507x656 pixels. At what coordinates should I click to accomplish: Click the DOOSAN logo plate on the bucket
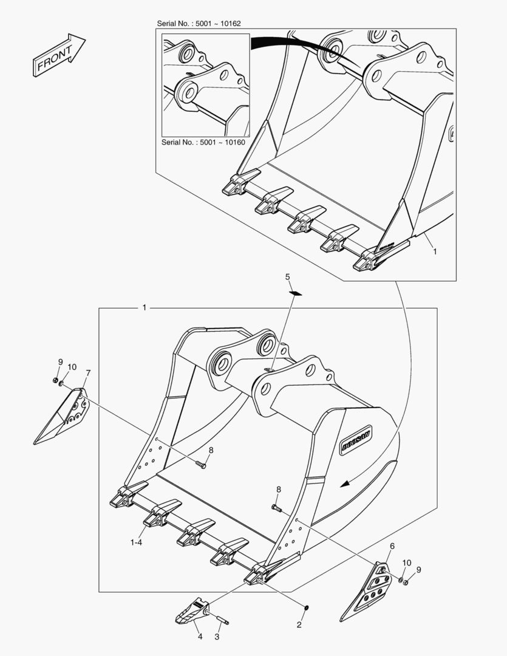tap(356, 440)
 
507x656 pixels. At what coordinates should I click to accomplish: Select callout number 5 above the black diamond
tap(287, 277)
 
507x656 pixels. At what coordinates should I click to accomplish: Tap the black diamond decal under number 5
tap(296, 293)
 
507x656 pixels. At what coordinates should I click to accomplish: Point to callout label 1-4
tap(137, 542)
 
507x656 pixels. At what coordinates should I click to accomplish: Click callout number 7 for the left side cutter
tap(88, 372)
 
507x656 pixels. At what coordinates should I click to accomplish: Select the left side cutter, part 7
tap(61, 416)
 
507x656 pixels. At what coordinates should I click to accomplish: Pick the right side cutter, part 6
tap(366, 591)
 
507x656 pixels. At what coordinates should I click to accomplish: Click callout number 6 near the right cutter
tap(392, 546)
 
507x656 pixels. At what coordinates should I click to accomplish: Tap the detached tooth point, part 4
tap(192, 610)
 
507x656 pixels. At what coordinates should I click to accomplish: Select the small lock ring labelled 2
tap(307, 607)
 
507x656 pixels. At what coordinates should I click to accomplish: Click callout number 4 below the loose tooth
tap(200, 637)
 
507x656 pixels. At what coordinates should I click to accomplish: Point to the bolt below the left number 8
tap(201, 464)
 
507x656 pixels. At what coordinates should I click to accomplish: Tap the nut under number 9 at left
tap(55, 380)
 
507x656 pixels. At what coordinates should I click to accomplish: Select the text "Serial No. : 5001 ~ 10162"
tap(199, 24)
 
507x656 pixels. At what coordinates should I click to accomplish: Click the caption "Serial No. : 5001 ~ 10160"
tap(203, 142)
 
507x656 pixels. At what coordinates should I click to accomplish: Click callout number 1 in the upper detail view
tap(435, 251)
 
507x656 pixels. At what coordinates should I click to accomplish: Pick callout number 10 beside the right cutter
tap(407, 563)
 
